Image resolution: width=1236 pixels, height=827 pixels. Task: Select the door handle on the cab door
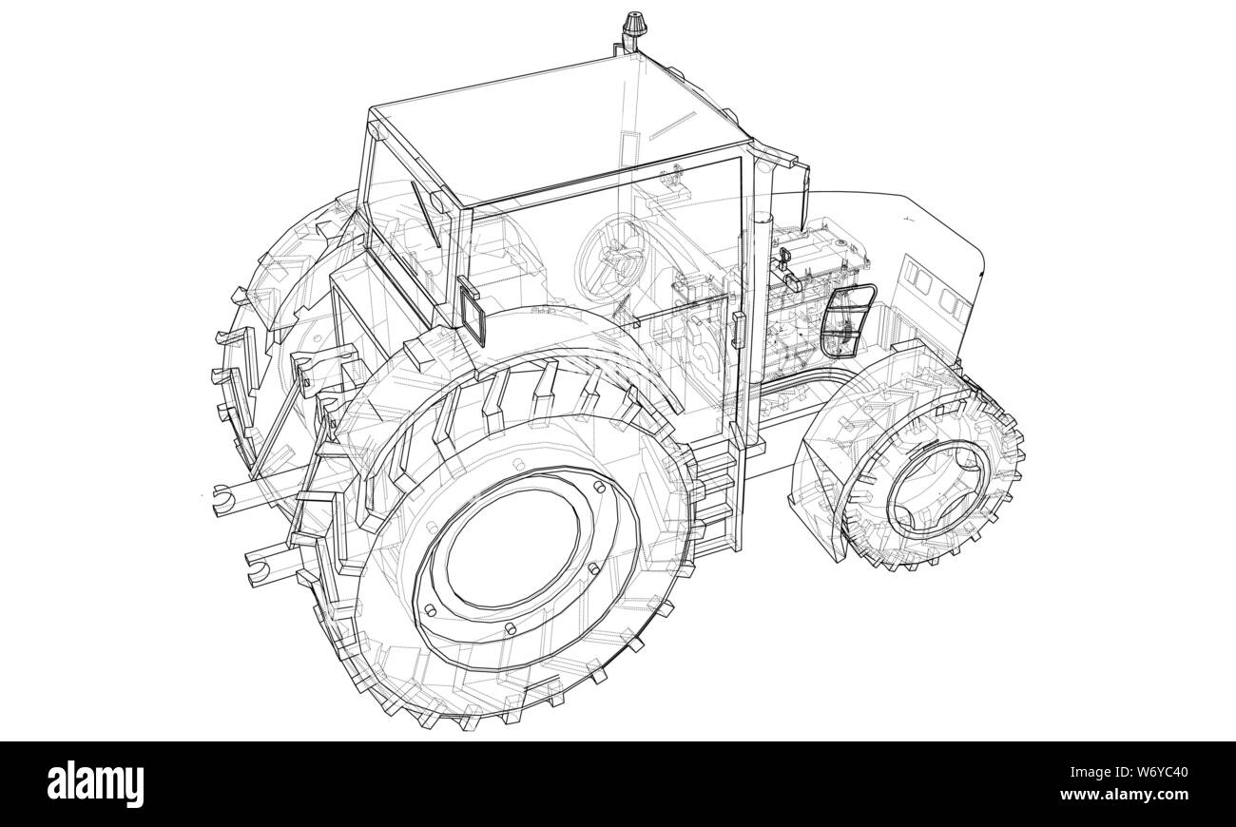(x=736, y=327)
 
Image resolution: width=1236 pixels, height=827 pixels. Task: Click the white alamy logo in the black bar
(x=96, y=783)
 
